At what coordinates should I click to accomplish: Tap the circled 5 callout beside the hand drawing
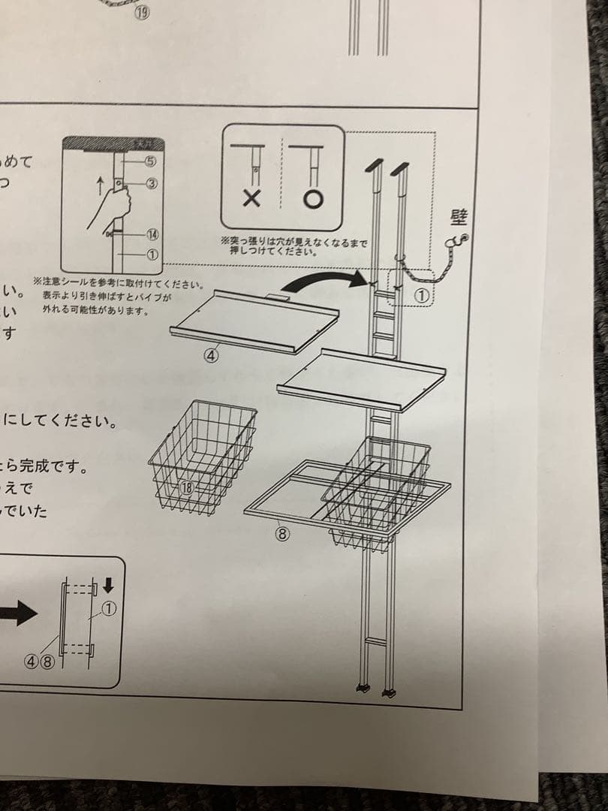pos(150,160)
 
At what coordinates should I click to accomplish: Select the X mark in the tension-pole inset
pos(251,199)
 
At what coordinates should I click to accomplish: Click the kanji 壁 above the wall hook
pos(459,218)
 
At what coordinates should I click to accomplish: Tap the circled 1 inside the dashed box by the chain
pos(422,297)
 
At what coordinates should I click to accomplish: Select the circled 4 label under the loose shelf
pos(212,356)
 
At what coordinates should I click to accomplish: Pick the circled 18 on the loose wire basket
pos(187,487)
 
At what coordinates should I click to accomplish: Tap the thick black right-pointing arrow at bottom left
pos(17,614)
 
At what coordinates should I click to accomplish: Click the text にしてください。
pos(60,421)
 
